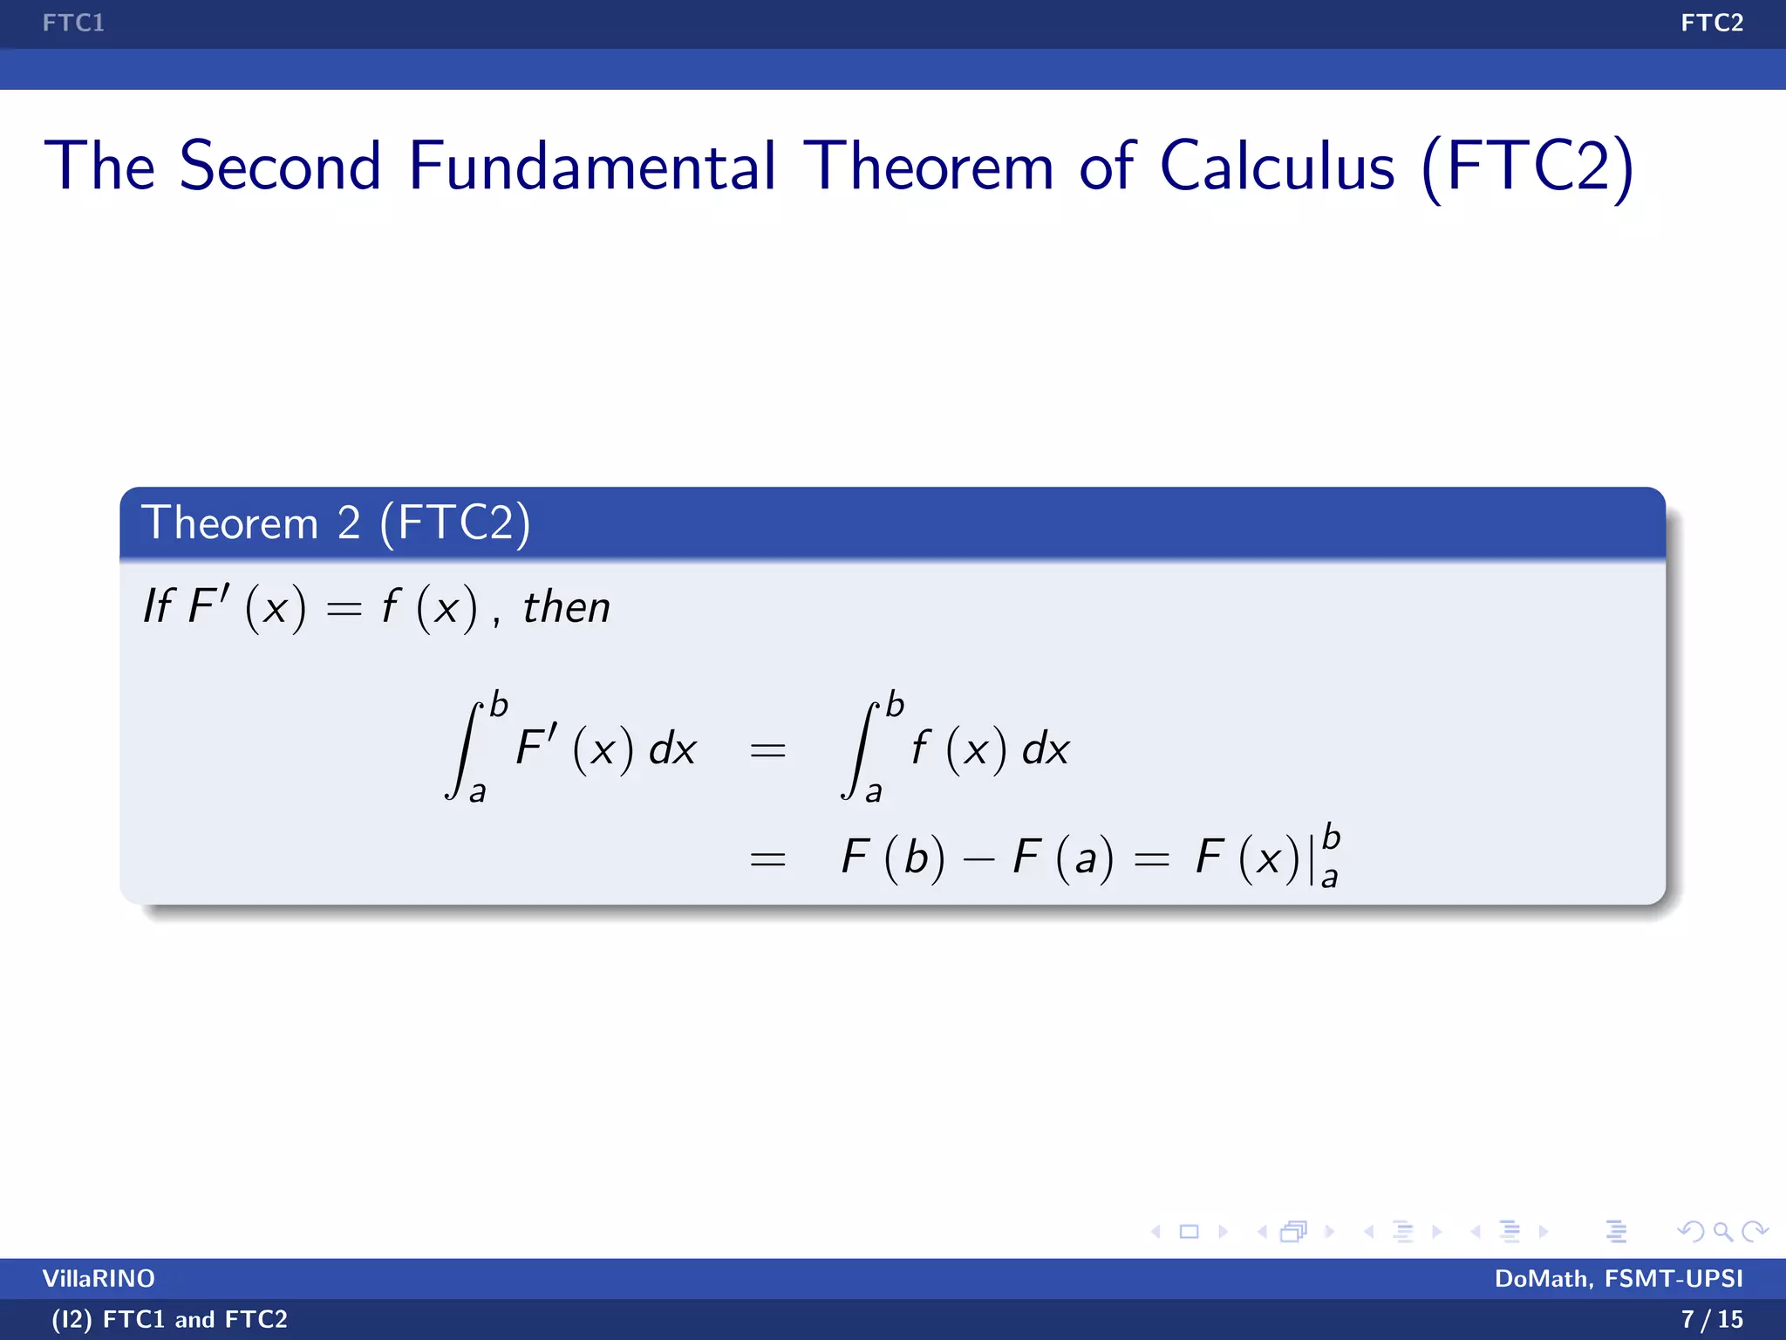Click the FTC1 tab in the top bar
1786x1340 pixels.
pyautogui.click(x=73, y=23)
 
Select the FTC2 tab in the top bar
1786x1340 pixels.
pyautogui.click(x=1711, y=23)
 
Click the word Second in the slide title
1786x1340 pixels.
pyautogui.click(x=280, y=166)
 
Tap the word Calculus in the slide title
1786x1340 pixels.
pyautogui.click(x=1277, y=166)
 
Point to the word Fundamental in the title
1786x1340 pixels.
pyautogui.click(x=591, y=166)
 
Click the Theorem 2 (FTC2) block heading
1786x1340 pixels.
pyautogui.click(x=336, y=523)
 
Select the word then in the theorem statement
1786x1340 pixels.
pyautogui.click(x=566, y=607)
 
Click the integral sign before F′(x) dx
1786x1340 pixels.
pyautogui.click(x=465, y=750)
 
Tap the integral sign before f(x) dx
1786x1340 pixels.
pyautogui.click(x=860, y=750)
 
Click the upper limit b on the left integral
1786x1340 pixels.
pyautogui.click(x=499, y=705)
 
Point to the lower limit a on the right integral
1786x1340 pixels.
pyautogui.click(x=874, y=792)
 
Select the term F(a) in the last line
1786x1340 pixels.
pyautogui.click(x=1063, y=857)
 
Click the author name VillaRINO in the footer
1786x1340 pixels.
pyautogui.click(x=99, y=1278)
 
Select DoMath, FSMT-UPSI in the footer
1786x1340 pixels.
pyautogui.click(x=1619, y=1278)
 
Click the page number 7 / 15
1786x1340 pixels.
pyautogui.click(x=1711, y=1319)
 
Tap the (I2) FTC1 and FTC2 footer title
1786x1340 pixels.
pyautogui.click(x=169, y=1319)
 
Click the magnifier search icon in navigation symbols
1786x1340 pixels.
pyautogui.click(x=1722, y=1232)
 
